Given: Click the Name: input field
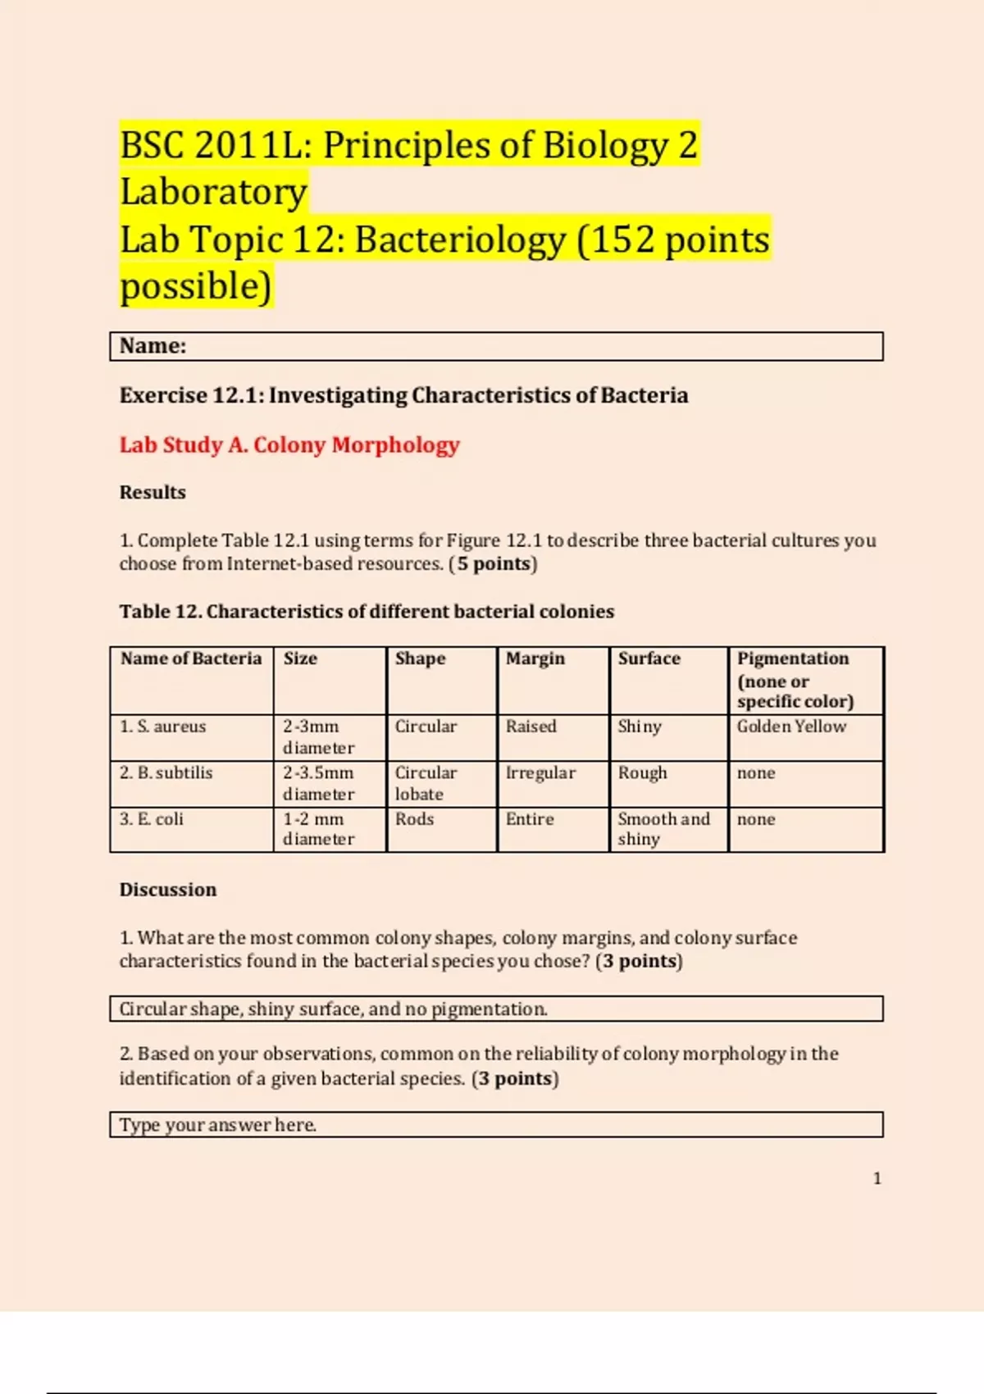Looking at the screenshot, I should click(496, 346).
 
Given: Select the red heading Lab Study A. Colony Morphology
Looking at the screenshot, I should click(289, 445).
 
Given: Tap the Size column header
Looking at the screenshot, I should click(300, 658).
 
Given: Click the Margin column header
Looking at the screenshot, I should click(535, 658).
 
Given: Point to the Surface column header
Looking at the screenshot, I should click(649, 658).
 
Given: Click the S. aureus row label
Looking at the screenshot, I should click(163, 727).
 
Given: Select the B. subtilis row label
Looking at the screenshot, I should click(166, 772).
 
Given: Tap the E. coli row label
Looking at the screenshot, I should click(152, 818).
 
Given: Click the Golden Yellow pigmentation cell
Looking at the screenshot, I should click(791, 727).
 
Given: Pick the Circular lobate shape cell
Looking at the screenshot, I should click(426, 783).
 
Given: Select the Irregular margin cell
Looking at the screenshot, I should click(540, 772).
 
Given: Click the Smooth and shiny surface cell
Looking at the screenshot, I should click(663, 828).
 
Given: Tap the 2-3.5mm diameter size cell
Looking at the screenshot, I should click(318, 783).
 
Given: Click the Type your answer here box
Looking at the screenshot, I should click(496, 1124).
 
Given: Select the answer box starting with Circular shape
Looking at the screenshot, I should click(496, 1009).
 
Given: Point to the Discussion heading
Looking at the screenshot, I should click(168, 890).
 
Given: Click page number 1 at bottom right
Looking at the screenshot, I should click(877, 1178).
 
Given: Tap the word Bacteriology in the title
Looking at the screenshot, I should click(460, 240).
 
